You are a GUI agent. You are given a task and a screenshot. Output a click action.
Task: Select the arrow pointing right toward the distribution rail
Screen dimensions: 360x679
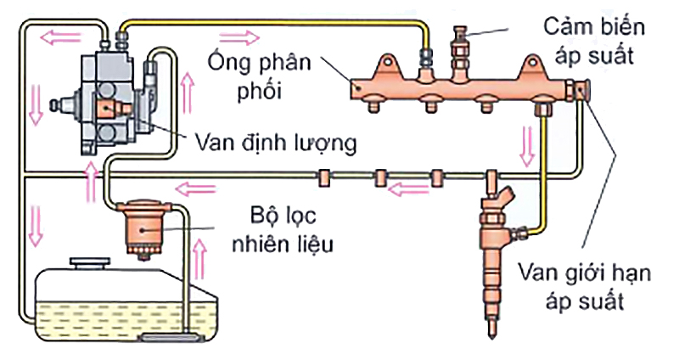click(242, 37)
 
